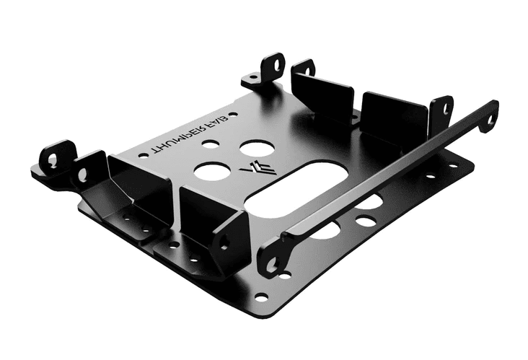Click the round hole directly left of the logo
tap(212, 171)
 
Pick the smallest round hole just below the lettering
tap(210, 144)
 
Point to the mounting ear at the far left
tap(53, 159)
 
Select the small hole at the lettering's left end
tap(142, 154)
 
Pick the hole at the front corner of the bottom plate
tap(260, 297)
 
